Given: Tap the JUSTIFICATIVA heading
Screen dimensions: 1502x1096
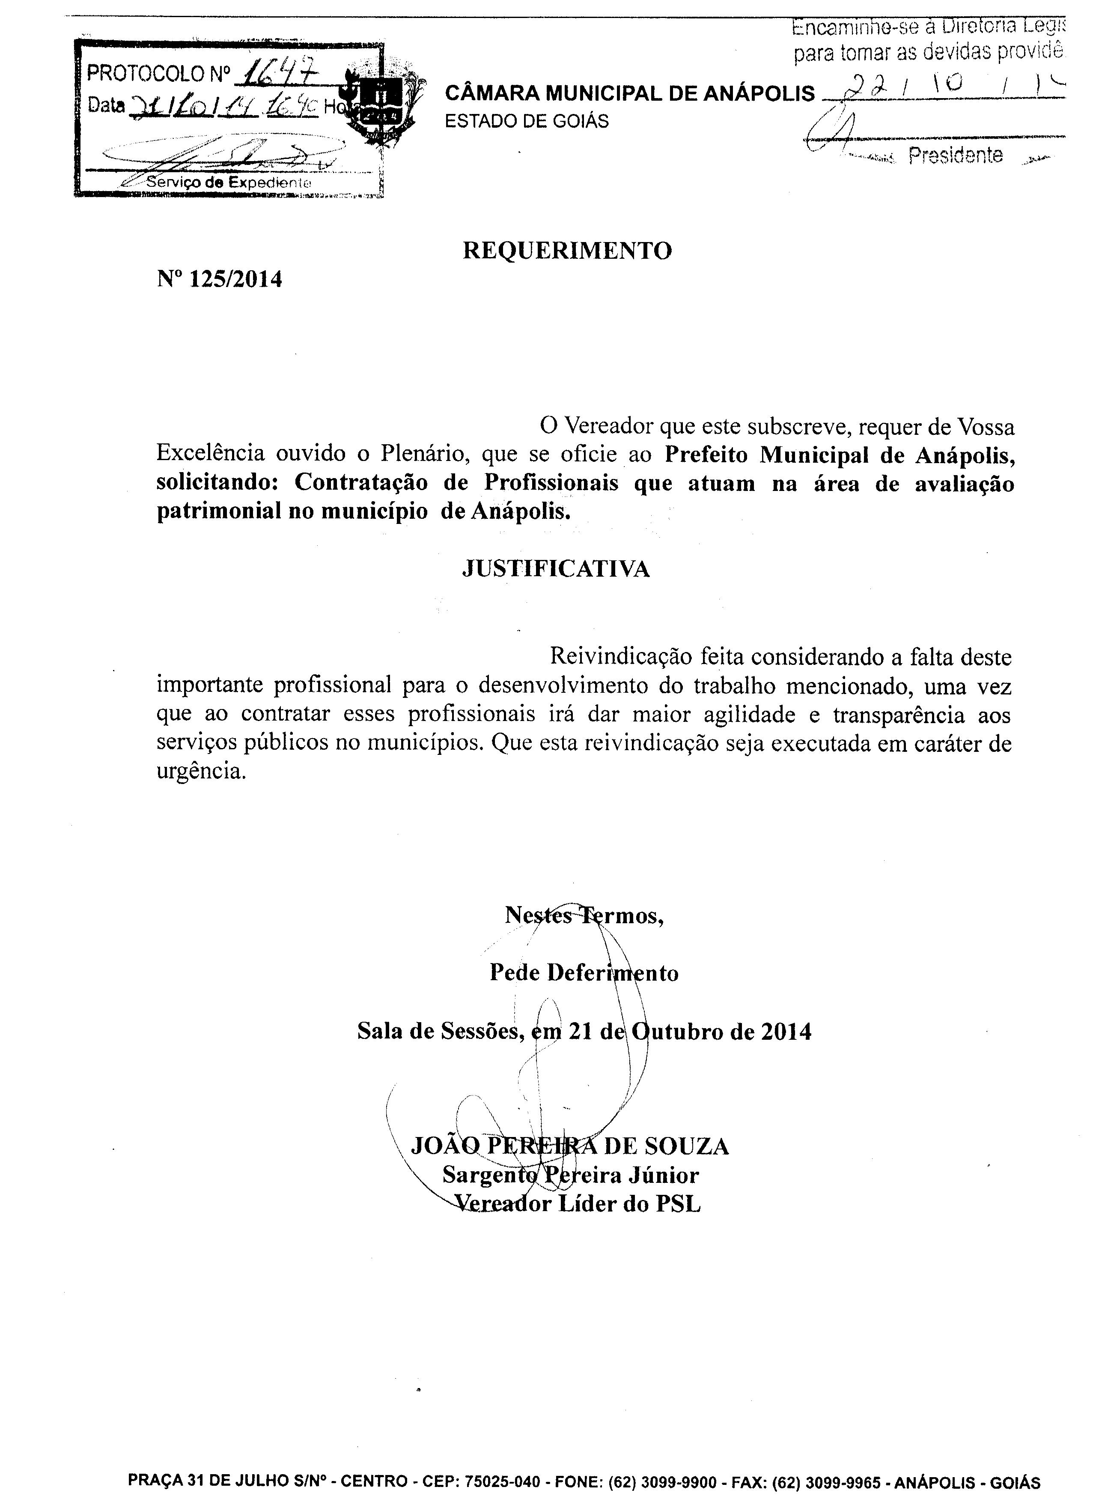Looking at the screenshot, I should pos(556,569).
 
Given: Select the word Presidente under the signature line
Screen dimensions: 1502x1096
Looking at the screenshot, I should pos(955,156).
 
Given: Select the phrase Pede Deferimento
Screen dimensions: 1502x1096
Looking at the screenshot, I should pos(584,973).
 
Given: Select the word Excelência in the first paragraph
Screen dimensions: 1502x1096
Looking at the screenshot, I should pos(210,453).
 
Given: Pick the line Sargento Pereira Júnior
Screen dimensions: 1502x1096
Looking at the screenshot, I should pos(571,1176).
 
